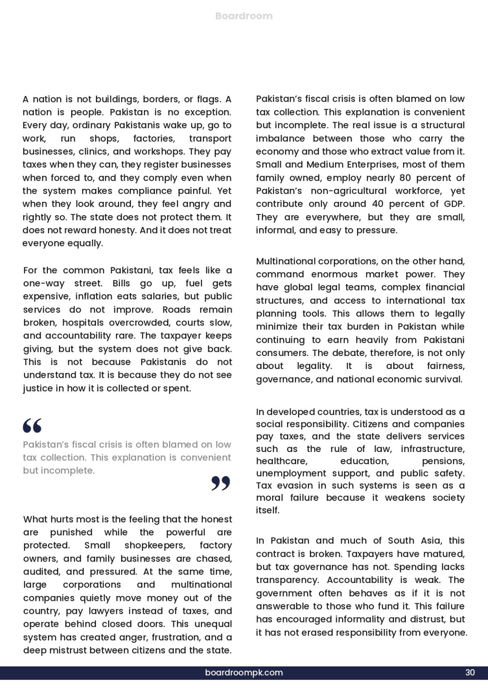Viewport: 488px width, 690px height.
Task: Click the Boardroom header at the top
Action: (x=244, y=16)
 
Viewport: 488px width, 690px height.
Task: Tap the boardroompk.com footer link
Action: (x=244, y=673)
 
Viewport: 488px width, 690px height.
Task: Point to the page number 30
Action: (x=470, y=673)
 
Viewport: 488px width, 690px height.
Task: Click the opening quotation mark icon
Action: (x=32, y=426)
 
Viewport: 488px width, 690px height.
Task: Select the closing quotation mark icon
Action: (x=221, y=483)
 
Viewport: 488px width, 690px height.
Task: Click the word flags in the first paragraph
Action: (x=208, y=99)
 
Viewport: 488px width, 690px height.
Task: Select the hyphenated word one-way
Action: (x=43, y=284)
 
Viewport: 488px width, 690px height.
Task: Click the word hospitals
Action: (x=85, y=323)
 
